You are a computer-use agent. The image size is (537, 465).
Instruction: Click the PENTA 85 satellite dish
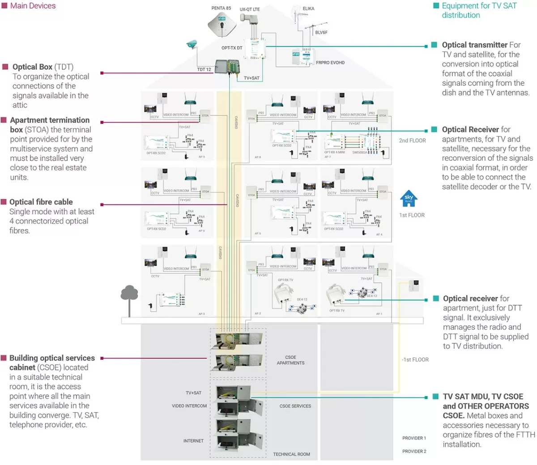(222, 24)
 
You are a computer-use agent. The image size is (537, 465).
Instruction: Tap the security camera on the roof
(192, 43)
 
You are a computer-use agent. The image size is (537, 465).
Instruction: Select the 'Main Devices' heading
(33, 6)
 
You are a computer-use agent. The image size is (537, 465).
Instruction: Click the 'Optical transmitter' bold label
(474, 45)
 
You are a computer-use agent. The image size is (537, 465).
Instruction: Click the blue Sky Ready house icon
(409, 199)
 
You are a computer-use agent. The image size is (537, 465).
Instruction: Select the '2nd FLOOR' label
(412, 141)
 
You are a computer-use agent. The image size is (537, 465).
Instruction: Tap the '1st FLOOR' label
(412, 215)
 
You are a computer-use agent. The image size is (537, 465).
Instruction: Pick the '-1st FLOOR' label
(415, 359)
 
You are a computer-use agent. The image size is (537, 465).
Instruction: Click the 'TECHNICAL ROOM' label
(291, 454)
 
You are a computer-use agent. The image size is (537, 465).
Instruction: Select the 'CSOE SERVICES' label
(295, 406)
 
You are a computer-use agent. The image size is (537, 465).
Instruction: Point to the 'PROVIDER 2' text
(414, 451)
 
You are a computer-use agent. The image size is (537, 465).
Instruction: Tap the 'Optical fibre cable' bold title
(41, 202)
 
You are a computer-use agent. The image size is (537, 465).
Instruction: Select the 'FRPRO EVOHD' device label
(330, 63)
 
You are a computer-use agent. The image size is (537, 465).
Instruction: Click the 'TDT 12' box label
(204, 69)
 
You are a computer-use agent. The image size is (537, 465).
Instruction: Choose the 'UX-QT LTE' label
(249, 9)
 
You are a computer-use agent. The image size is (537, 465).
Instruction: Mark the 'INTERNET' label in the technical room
(193, 441)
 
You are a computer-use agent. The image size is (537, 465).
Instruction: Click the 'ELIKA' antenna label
(308, 9)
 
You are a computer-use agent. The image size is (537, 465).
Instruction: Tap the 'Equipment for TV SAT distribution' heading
(479, 10)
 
